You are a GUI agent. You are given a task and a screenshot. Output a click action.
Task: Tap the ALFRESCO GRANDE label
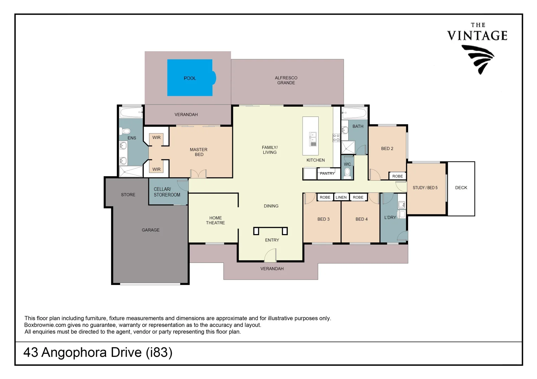[x=286, y=80]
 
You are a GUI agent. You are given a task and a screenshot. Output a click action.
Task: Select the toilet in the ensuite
[x=125, y=131]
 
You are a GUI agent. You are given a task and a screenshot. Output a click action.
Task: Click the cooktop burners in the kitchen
[x=336, y=138]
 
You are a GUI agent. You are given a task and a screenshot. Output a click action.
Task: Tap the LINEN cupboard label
[x=341, y=197]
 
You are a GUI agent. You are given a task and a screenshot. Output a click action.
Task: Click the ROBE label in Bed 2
[x=397, y=176]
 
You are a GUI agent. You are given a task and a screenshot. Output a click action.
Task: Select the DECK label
[x=461, y=188]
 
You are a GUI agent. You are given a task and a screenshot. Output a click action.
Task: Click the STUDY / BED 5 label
[x=425, y=188]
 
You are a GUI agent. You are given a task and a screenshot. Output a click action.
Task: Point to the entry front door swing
[x=270, y=255]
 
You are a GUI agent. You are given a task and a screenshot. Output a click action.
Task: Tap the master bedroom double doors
[x=198, y=174]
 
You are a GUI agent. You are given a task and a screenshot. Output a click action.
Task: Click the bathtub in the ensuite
[x=131, y=113]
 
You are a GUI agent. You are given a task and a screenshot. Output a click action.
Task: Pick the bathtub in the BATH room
[x=354, y=113]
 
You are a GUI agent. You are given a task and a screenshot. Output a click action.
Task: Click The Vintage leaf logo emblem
[x=478, y=59]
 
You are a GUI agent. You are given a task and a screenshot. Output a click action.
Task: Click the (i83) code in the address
[x=159, y=352]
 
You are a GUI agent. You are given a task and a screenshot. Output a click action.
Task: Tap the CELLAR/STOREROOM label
[x=167, y=192]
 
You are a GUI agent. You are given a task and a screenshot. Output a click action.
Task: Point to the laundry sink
[x=401, y=205]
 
